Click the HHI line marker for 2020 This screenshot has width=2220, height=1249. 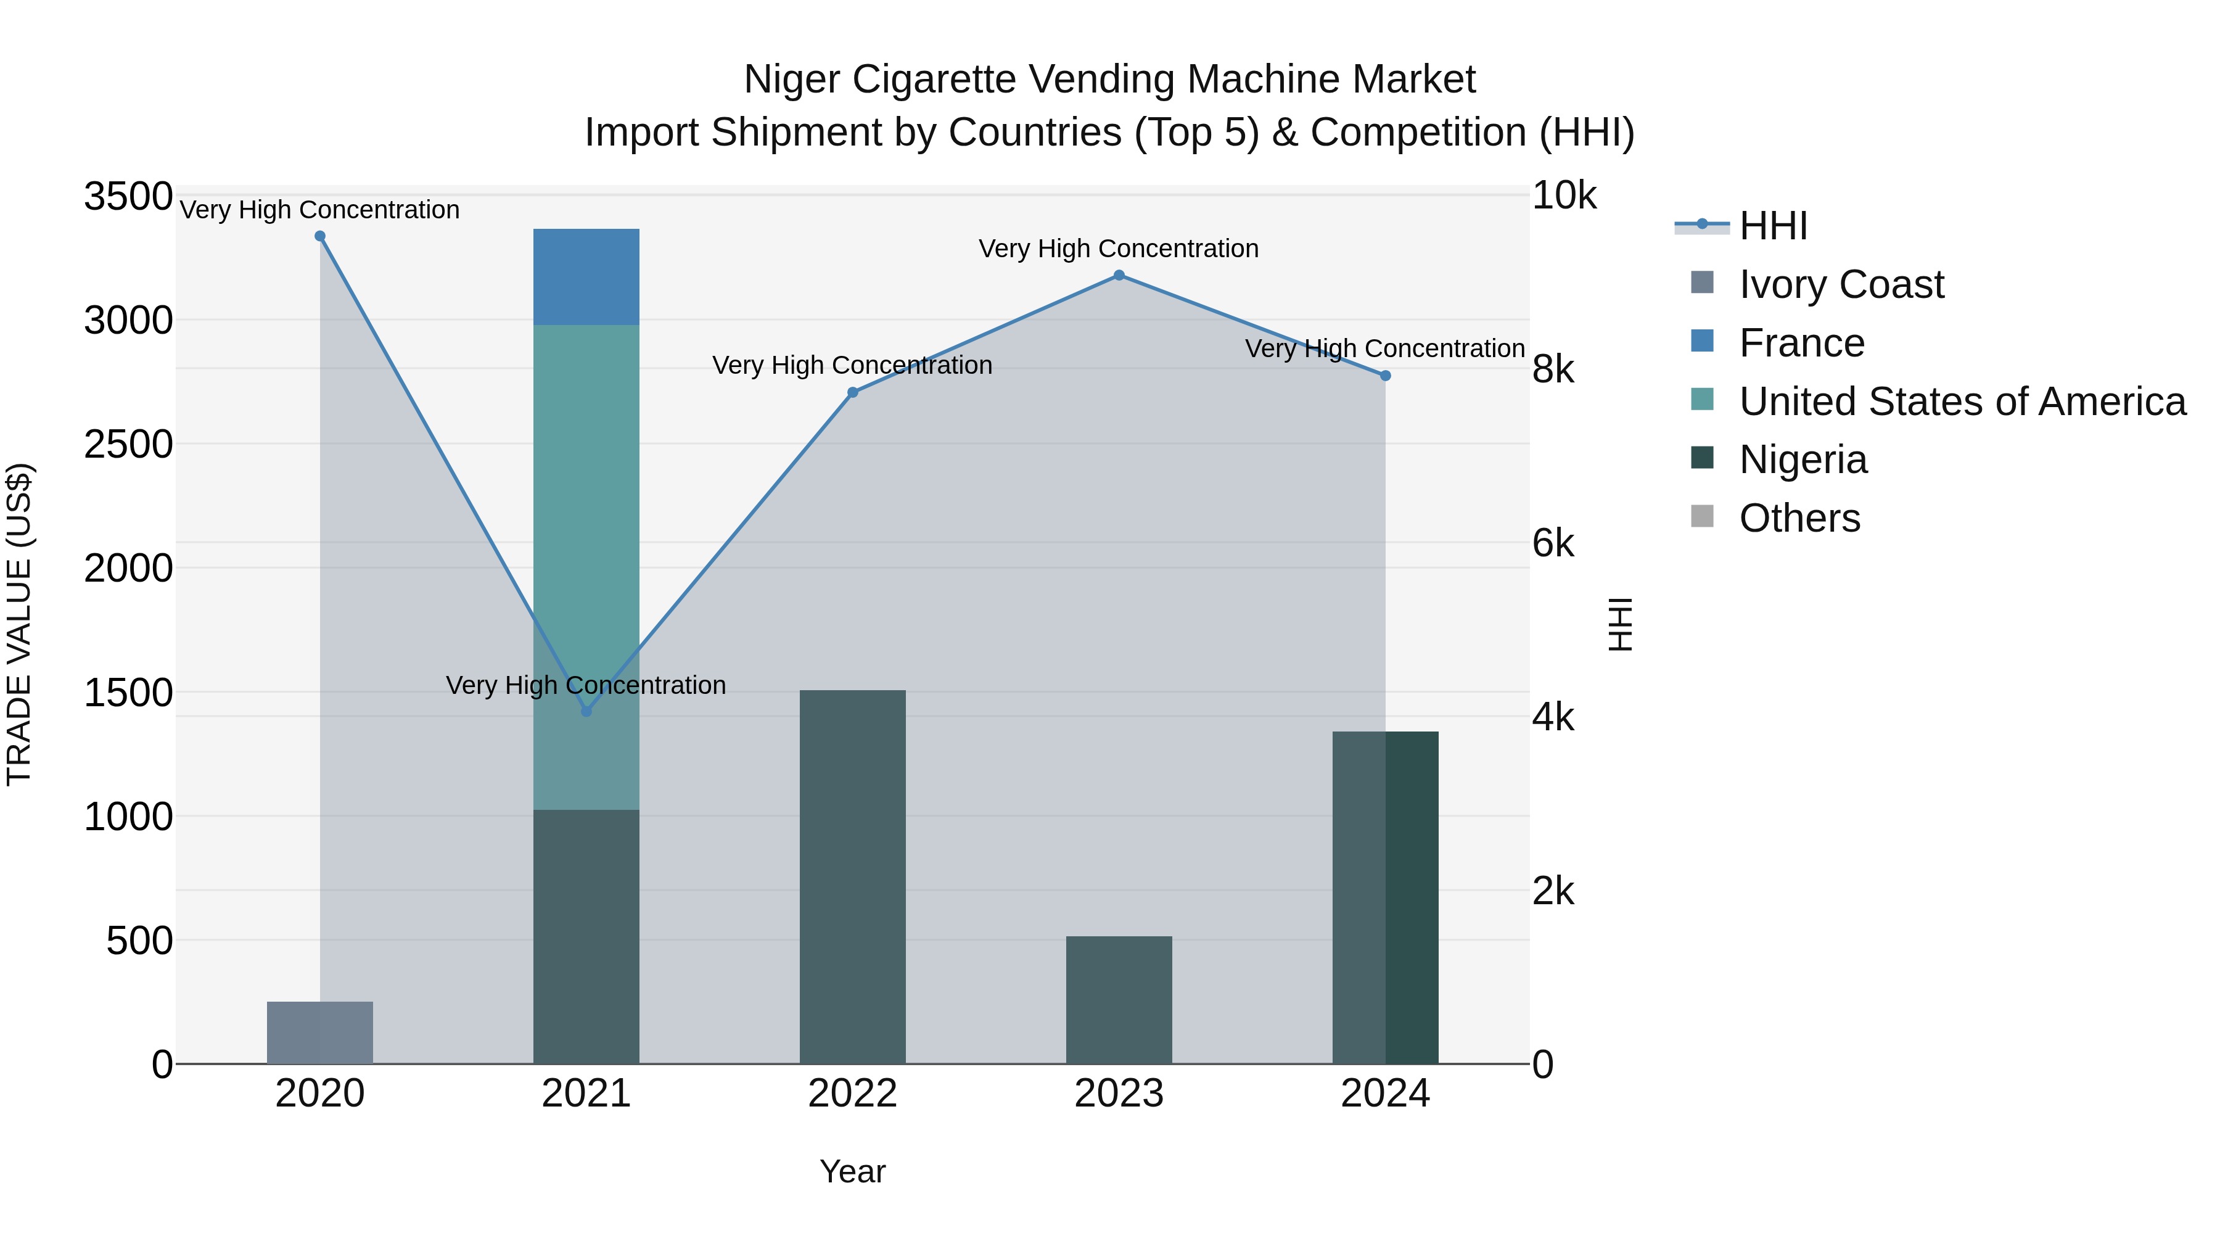[319, 236]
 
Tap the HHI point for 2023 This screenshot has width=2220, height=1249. [1119, 275]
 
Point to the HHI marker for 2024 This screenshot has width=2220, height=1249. [1385, 376]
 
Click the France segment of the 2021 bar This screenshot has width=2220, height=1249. [586, 277]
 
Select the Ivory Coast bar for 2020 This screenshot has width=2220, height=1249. [319, 1032]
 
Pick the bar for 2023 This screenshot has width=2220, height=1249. [1119, 1000]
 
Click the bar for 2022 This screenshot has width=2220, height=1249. [852, 876]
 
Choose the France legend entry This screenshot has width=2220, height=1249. [1801, 343]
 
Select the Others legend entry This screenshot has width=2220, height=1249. [1799, 518]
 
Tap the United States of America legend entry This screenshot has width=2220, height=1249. [1962, 402]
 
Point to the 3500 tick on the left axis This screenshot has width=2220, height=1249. [128, 197]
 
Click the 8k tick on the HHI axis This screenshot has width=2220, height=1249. [1553, 370]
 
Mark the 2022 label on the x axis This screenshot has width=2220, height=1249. [852, 1094]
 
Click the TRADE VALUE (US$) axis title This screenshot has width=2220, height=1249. [19, 624]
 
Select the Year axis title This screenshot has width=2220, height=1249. [852, 1171]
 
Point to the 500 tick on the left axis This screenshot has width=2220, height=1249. [139, 941]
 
